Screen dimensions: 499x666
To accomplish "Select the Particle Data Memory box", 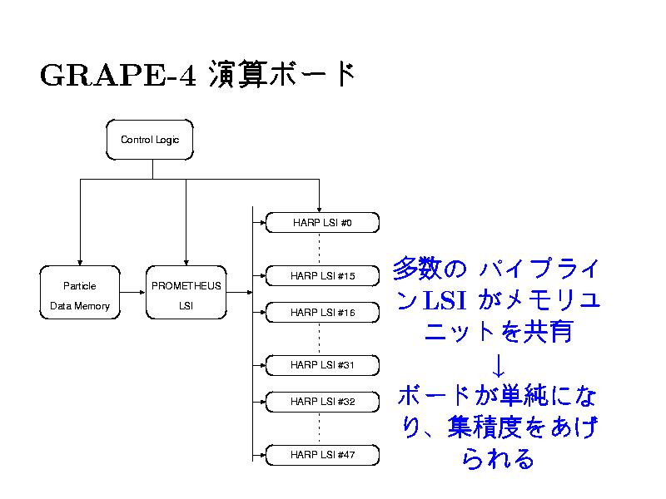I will pyautogui.click(x=80, y=296).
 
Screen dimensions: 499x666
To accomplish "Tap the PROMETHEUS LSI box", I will pyautogui.click(x=186, y=296).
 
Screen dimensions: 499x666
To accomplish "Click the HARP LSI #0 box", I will pyautogui.click(x=322, y=223).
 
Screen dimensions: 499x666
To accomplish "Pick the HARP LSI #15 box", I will pyautogui.click(x=322, y=275).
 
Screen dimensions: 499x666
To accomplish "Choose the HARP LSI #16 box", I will pyautogui.click(x=322, y=313).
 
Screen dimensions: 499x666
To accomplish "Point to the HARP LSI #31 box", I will pyautogui.click(x=322, y=364).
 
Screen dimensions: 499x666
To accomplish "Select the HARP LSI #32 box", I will pyautogui.click(x=322, y=401).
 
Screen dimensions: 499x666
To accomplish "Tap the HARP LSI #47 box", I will pyautogui.click(x=322, y=455).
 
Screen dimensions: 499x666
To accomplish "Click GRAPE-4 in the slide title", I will pyautogui.click(x=117, y=76).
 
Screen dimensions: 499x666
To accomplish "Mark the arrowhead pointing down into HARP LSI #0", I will pyautogui.click(x=320, y=208).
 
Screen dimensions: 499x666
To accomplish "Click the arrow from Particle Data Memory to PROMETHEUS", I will pyautogui.click(x=132, y=293).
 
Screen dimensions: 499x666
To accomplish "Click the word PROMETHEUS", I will pyautogui.click(x=186, y=286).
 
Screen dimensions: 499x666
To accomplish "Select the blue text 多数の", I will pyautogui.click(x=430, y=270).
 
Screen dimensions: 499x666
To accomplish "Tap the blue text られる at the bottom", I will pyautogui.click(x=498, y=458).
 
